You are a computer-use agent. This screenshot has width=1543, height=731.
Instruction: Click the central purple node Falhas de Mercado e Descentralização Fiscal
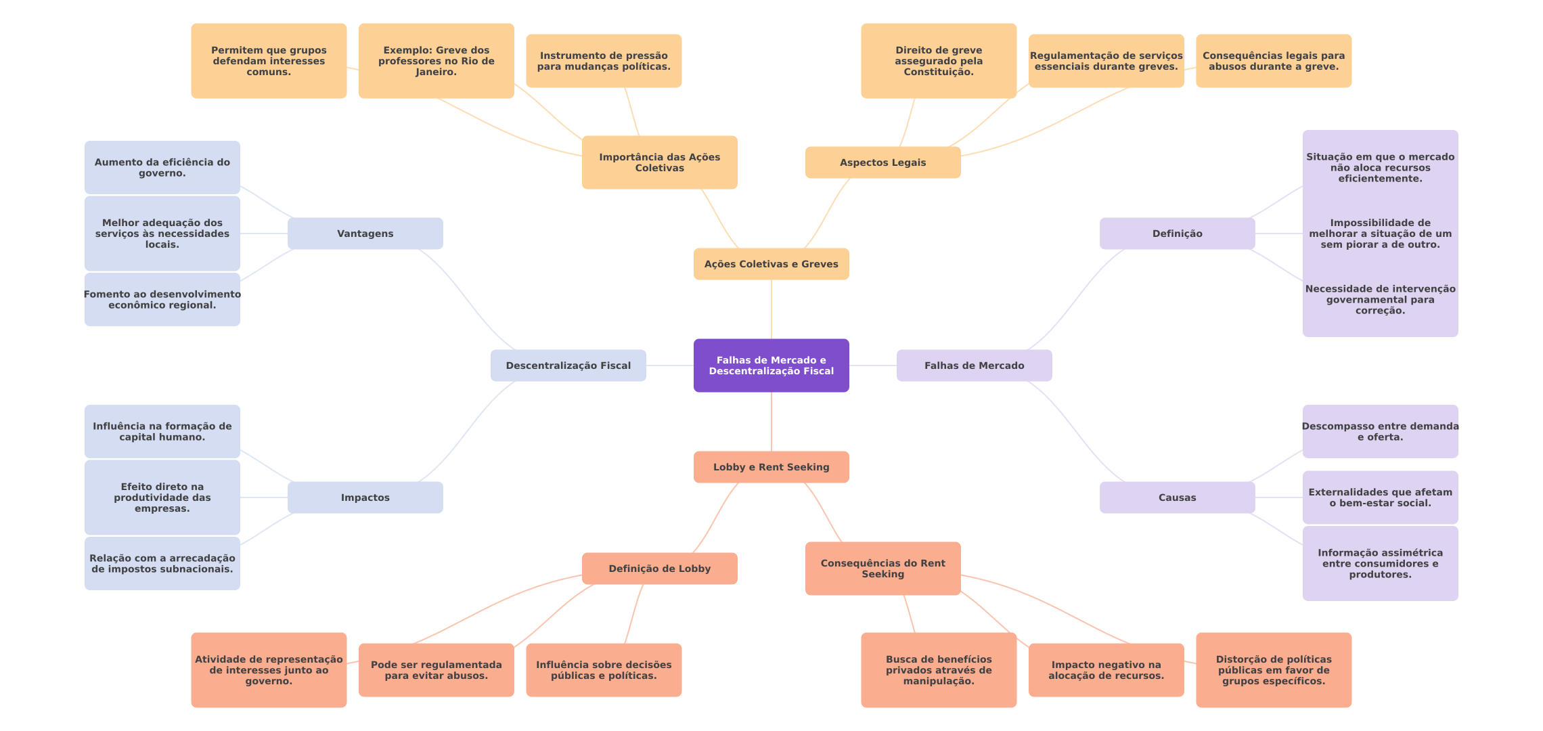point(771,365)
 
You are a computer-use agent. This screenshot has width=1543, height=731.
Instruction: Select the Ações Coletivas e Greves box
point(771,264)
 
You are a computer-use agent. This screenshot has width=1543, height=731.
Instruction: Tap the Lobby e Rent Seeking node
point(771,467)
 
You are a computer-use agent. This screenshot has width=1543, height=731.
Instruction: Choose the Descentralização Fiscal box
point(568,365)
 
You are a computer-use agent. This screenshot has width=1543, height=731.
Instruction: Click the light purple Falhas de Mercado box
point(974,365)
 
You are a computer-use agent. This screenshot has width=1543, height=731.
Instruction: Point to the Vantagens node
point(365,234)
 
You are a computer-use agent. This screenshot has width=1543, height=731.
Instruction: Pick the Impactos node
point(365,497)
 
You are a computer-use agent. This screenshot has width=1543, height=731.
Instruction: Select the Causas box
point(1177,497)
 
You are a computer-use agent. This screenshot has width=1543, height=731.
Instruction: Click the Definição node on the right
point(1177,234)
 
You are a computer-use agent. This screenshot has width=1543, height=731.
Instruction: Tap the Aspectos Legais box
point(882,162)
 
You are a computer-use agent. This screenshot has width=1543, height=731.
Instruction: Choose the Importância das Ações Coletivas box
point(659,162)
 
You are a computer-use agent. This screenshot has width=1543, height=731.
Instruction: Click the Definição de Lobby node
point(659,569)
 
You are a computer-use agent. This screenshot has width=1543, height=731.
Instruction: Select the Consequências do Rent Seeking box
point(882,569)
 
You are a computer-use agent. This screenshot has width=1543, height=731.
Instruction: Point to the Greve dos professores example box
point(436,61)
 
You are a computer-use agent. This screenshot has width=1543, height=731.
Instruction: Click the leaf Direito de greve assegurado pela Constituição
point(938,61)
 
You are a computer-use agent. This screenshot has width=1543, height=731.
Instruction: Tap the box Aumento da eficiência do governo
point(162,168)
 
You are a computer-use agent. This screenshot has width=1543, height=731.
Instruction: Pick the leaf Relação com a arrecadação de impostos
point(162,563)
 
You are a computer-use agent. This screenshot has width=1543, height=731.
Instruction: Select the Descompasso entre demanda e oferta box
point(1380,432)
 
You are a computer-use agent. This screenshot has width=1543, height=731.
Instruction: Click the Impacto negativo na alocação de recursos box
point(1106,670)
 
